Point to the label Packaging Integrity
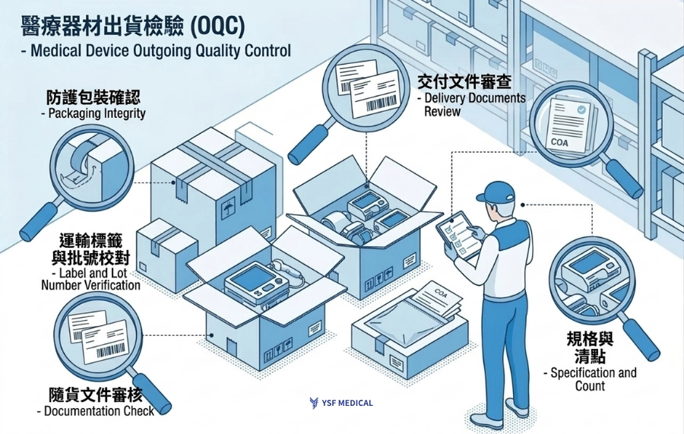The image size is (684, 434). (96, 114)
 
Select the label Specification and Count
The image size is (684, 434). (590, 379)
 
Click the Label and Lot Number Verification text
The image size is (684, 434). (90, 279)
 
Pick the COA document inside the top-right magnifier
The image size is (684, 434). (571, 125)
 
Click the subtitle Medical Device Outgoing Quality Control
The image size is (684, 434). (149, 52)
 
